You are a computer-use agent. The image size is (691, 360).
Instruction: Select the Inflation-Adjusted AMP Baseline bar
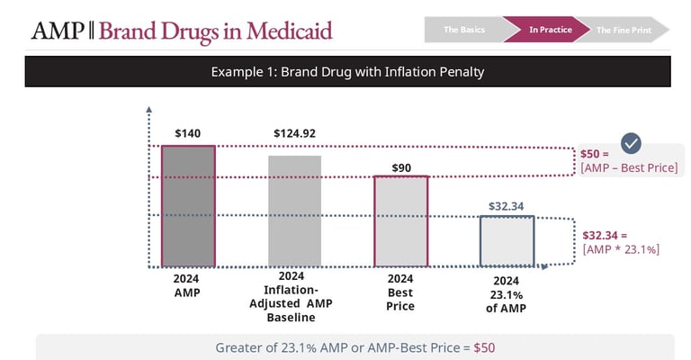(294, 211)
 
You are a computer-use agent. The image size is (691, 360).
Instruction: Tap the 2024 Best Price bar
(400, 220)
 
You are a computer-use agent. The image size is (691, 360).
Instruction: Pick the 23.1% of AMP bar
(507, 241)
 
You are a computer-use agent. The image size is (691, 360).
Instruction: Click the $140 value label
(188, 134)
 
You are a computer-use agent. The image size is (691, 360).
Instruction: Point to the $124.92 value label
(294, 134)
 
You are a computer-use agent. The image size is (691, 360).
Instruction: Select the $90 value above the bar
(400, 167)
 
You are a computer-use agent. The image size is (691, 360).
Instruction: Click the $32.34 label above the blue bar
(507, 206)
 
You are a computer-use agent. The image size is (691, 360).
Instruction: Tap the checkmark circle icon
(632, 143)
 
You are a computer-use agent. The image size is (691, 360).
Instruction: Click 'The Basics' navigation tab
(464, 30)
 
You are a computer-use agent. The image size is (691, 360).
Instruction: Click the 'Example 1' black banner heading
(347, 71)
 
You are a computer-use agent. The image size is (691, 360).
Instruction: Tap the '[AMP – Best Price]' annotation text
(629, 168)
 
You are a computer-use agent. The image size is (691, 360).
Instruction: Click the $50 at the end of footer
(484, 347)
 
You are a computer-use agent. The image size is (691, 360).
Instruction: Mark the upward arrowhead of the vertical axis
(148, 109)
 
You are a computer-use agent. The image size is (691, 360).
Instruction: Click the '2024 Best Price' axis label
(400, 292)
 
